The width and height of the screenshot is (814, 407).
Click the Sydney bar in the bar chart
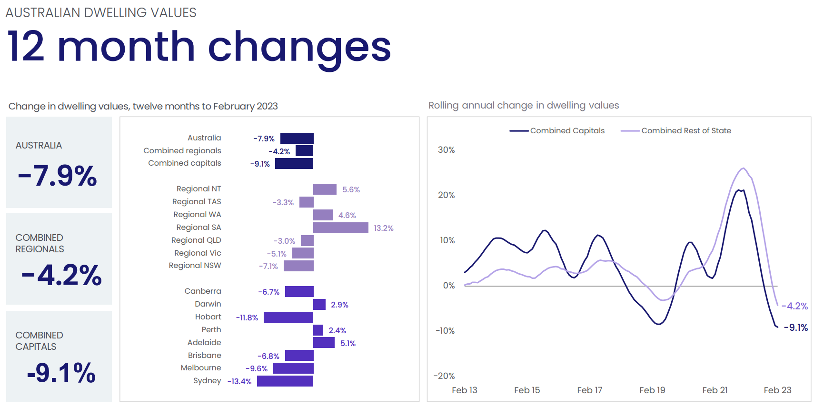pyautogui.click(x=285, y=381)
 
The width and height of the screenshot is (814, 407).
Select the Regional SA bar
pyautogui.click(x=341, y=228)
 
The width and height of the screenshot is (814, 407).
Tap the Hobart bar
pyautogui.click(x=288, y=317)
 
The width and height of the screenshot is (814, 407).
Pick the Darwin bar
pyautogui.click(x=319, y=304)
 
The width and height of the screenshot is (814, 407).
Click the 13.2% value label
pyautogui.click(x=384, y=228)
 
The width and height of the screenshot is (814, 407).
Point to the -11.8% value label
pyautogui.click(x=247, y=318)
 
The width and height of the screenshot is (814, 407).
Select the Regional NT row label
pyautogui.click(x=199, y=189)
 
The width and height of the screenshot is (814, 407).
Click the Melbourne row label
pyautogui.click(x=201, y=368)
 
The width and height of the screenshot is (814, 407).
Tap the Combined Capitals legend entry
pyautogui.click(x=557, y=130)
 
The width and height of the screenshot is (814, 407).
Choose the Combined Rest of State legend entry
pyautogui.click(x=676, y=130)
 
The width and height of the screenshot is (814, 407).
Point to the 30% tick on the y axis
pyautogui.click(x=447, y=150)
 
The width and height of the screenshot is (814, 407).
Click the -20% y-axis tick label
pyautogui.click(x=444, y=376)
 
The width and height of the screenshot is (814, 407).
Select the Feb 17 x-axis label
pyautogui.click(x=590, y=390)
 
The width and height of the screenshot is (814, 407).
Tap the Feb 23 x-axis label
pyautogui.click(x=777, y=390)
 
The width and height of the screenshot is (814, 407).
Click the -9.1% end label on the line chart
pyautogui.click(x=796, y=328)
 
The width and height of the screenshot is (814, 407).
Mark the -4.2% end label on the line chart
pyautogui.click(x=794, y=306)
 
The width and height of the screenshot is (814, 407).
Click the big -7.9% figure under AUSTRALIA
pyautogui.click(x=58, y=176)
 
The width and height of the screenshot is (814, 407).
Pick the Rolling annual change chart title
pyautogui.click(x=524, y=105)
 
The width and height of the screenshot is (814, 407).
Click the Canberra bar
pyautogui.click(x=299, y=291)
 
